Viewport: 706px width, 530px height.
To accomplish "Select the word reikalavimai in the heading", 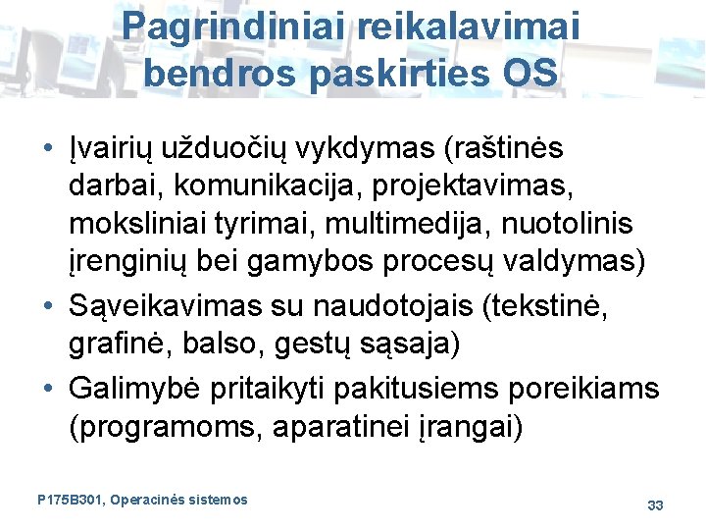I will click(x=468, y=26).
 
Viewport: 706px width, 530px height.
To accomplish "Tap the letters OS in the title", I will click(x=531, y=72).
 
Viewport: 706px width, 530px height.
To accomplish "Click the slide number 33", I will click(x=656, y=504).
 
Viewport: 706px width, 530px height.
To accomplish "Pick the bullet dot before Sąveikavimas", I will click(x=48, y=305).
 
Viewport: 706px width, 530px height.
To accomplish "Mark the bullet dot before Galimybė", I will click(x=48, y=390).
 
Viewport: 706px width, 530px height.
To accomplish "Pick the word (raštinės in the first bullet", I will click(x=505, y=148).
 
